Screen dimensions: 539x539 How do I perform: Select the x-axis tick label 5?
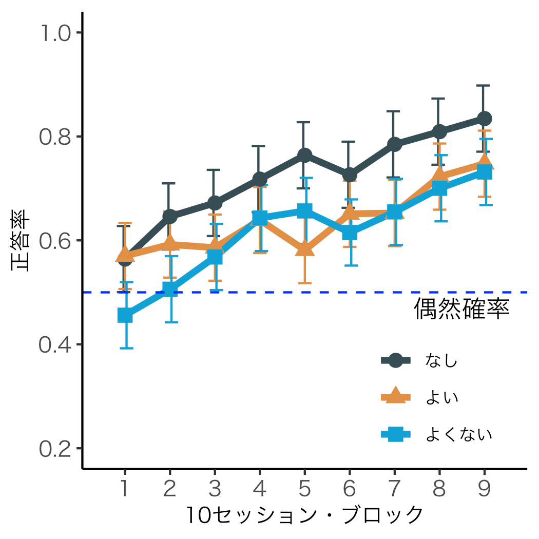pos(305,489)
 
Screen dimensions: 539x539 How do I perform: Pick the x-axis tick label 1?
pos(125,489)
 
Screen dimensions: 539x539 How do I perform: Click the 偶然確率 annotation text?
pos(461,310)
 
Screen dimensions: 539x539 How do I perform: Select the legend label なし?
pos(441,361)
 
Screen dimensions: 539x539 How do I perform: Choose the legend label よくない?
pos(459,435)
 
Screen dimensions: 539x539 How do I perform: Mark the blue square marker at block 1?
pos(125,315)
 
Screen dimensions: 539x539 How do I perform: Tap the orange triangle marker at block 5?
pos(305,249)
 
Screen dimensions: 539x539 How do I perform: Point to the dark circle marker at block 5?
pos(305,155)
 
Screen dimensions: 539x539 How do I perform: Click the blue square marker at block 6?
pos(350,233)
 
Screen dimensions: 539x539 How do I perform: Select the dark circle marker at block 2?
pos(170,216)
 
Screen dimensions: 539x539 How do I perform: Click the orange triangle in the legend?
pos(395,396)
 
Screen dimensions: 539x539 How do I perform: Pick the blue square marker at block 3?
pos(215,257)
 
